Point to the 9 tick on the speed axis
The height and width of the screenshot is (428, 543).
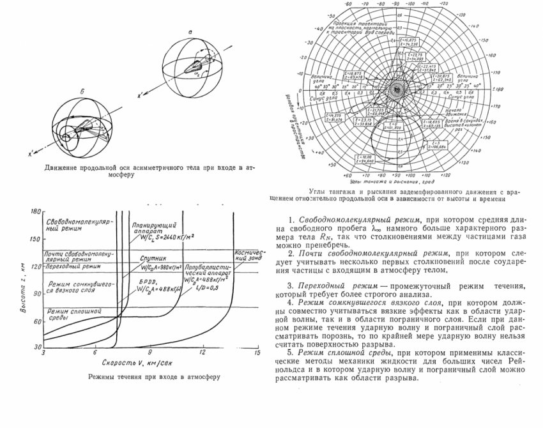click(150, 353)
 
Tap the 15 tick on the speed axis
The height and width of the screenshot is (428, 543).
click(257, 353)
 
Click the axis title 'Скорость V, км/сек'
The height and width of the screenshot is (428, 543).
click(135, 363)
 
